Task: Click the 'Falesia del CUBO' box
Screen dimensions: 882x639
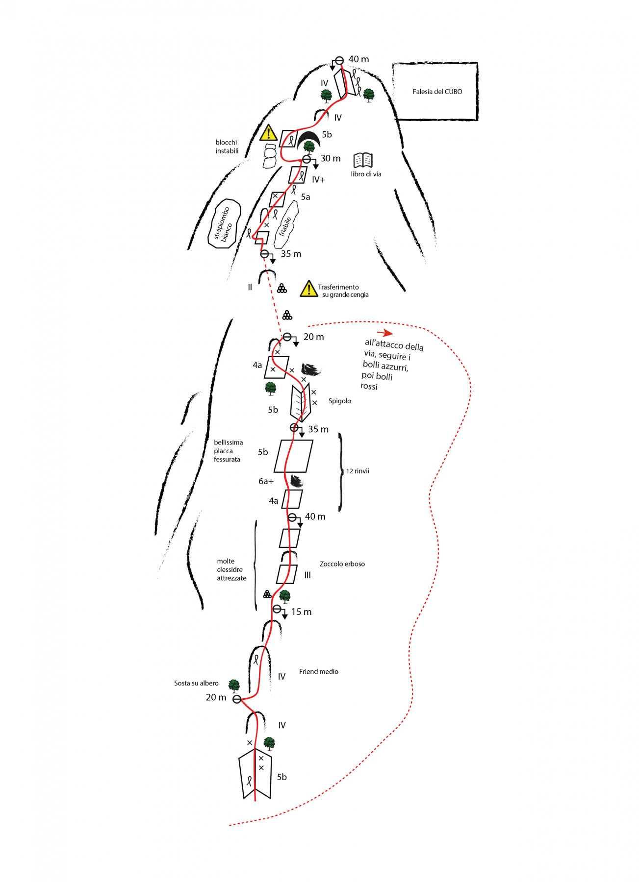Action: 435,92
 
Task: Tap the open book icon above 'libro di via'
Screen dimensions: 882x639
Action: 363,160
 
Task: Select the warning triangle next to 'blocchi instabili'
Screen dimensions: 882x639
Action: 269,133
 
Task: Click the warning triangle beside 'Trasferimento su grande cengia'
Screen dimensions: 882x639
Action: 308,289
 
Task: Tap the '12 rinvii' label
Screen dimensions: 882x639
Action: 358,471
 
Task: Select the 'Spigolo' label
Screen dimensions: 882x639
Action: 340,401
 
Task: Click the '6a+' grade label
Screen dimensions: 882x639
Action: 266,481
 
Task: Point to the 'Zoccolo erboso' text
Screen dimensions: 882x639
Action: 342,564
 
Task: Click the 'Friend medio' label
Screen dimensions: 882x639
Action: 319,672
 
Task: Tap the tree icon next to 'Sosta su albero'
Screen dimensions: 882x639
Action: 234,685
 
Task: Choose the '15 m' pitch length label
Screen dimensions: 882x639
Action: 301,612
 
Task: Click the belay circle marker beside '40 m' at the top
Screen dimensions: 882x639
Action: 339,59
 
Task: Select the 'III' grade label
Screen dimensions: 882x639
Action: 307,575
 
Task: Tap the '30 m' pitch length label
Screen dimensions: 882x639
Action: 331,158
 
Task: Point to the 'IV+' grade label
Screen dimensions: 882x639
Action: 318,180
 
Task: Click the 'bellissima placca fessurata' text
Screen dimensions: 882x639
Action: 228,451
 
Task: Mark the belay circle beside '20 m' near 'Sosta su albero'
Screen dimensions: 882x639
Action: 237,699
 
